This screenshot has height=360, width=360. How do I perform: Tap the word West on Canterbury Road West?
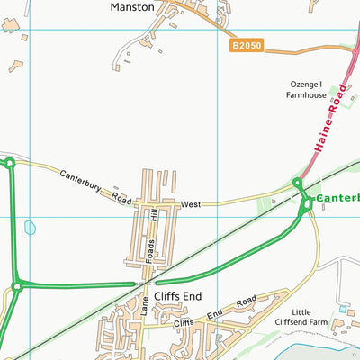(190, 205)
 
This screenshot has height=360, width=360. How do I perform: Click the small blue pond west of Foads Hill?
(31, 228)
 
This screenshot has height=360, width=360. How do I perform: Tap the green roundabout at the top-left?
(9, 163)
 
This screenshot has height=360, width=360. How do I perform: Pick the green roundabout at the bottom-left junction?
(16, 287)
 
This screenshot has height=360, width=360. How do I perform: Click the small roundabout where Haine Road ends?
(298, 184)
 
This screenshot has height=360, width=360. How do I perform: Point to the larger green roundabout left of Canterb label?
(308, 203)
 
